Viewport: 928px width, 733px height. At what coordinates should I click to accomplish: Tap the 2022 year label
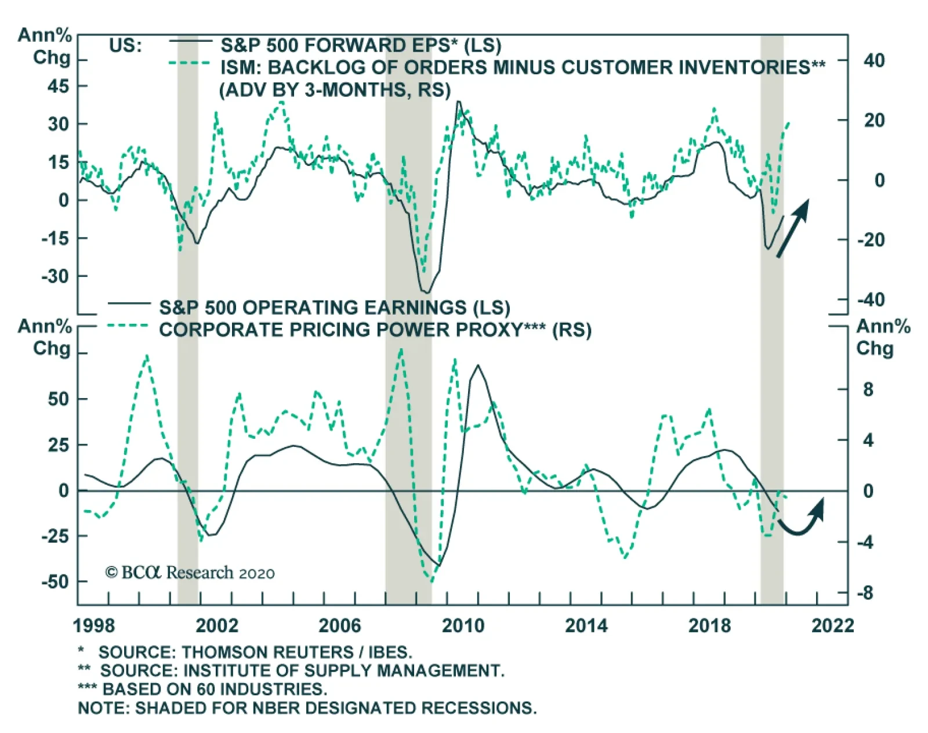tap(833, 626)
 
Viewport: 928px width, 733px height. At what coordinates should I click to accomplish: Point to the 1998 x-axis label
tap(94, 626)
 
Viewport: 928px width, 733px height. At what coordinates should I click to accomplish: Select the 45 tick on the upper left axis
tap(58, 86)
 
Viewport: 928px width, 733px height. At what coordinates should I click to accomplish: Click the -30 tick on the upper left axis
tap(55, 276)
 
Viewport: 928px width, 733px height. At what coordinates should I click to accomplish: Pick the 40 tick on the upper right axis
tap(874, 60)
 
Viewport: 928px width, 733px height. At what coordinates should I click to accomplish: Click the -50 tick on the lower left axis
tap(55, 582)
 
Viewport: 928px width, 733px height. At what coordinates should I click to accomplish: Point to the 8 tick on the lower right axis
tap(868, 389)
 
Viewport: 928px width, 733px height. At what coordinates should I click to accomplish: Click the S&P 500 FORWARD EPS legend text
tap(361, 45)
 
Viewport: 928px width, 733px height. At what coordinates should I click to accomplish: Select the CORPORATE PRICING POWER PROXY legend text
tap(375, 330)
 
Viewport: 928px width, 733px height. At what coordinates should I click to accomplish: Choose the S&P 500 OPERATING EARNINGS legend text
tap(335, 308)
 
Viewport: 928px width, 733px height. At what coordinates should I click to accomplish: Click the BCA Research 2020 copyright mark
tap(190, 572)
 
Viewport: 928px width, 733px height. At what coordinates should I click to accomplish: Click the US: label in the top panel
tap(125, 45)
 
